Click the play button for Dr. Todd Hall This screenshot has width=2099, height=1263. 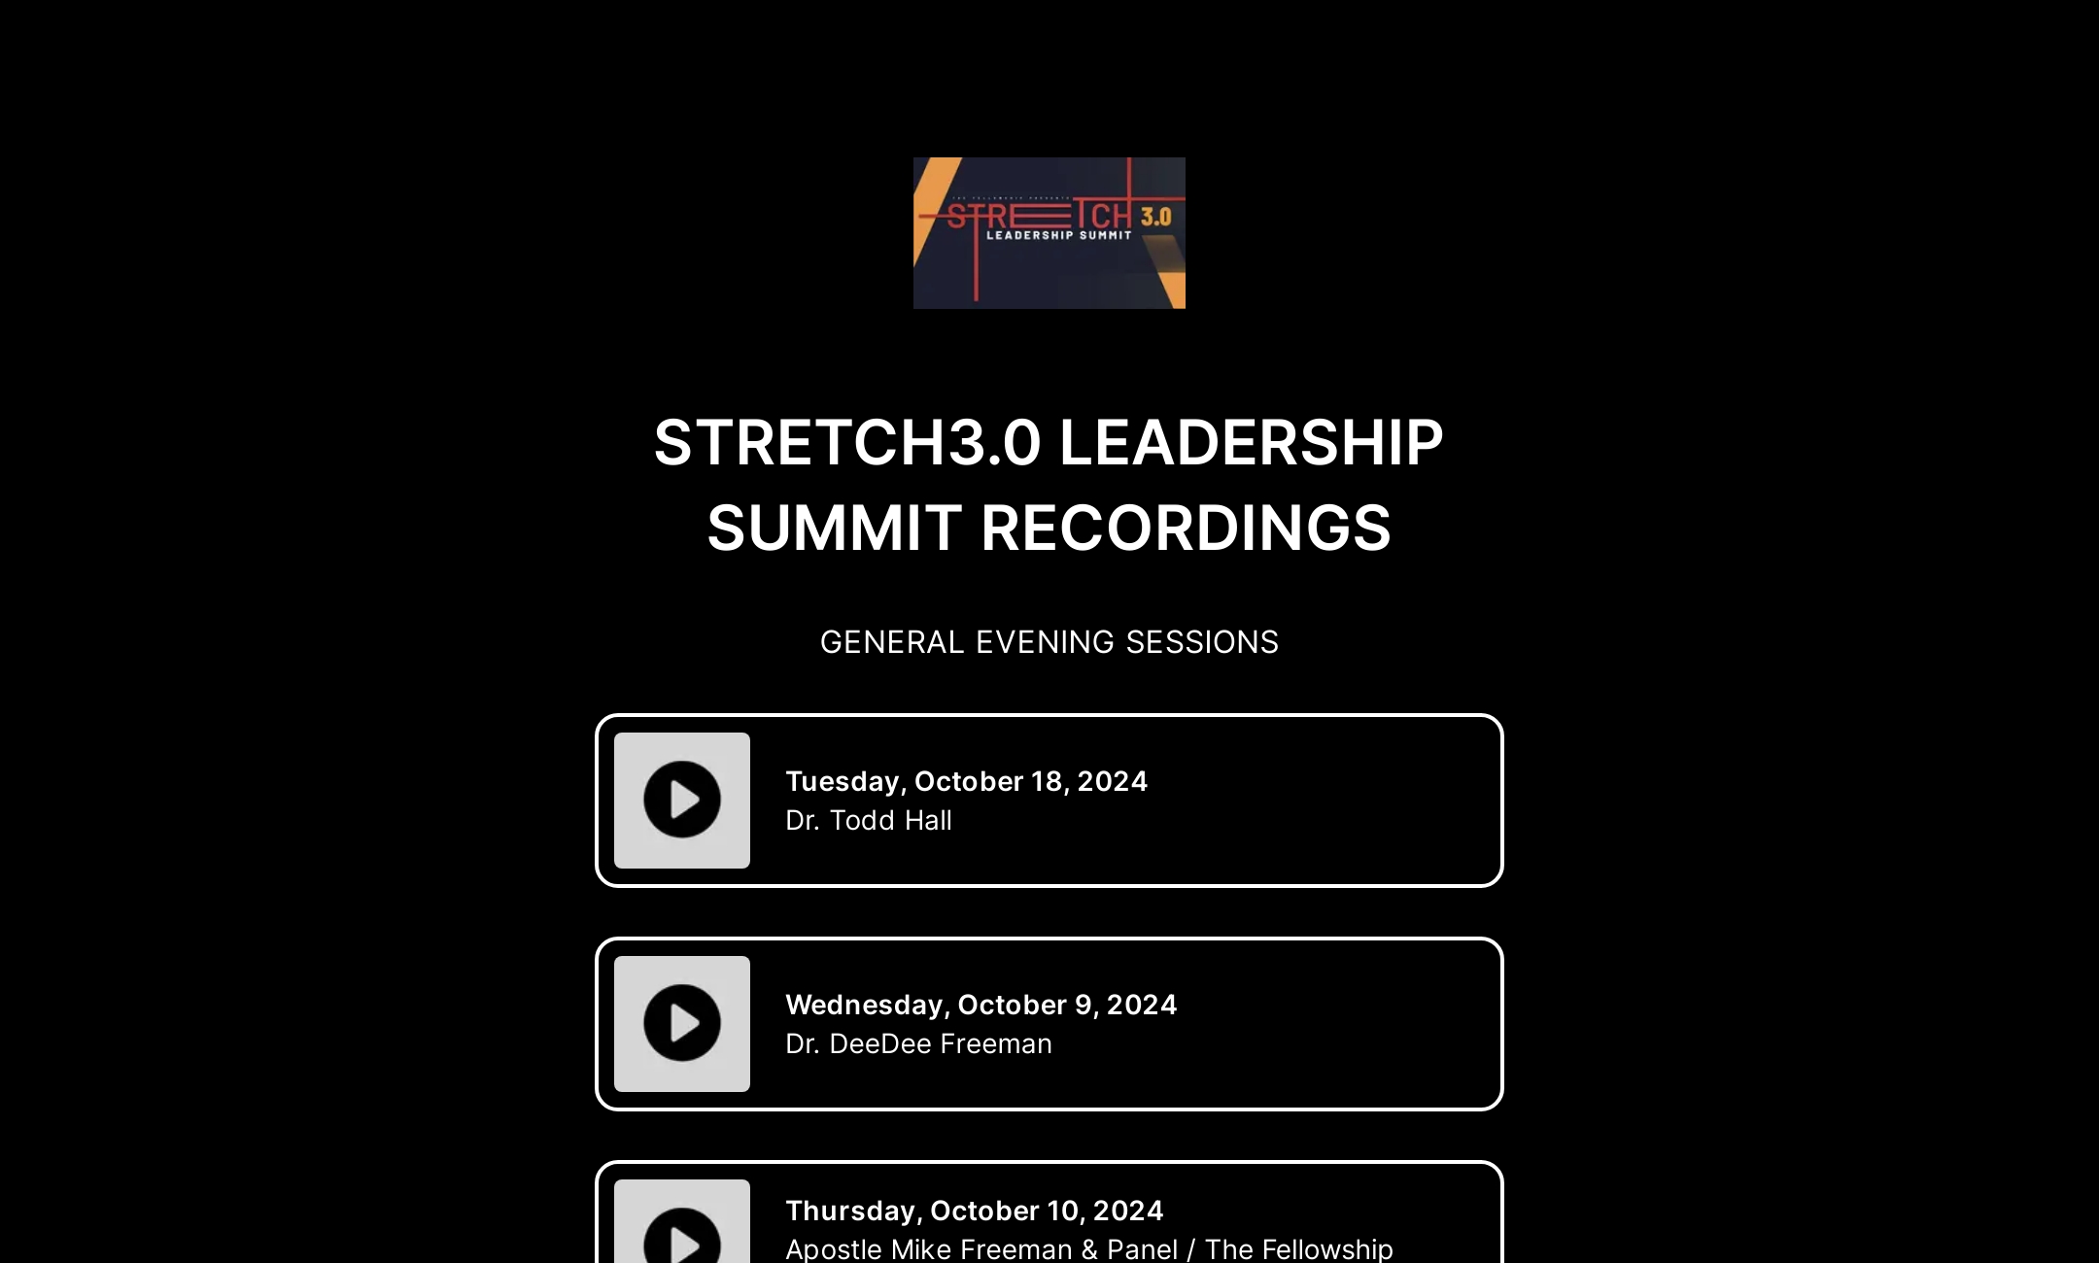682,800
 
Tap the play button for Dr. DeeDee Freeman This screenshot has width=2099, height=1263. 682,1023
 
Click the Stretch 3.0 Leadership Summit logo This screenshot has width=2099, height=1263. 1049,233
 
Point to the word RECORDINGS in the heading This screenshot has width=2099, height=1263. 1186,529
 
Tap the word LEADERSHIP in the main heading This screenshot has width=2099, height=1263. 1251,443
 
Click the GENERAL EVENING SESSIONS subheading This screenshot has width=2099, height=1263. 1049,642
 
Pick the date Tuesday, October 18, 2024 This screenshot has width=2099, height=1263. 966,781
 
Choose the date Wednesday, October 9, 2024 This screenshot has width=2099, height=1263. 981,1005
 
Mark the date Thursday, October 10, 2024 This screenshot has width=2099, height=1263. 974,1211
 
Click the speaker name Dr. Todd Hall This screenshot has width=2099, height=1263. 869,821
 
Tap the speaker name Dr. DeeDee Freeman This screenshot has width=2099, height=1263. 918,1044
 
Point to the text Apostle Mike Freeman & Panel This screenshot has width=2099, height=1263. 981,1249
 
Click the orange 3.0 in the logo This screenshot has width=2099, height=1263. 1155,217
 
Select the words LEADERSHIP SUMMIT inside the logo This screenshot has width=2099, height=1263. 1058,235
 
